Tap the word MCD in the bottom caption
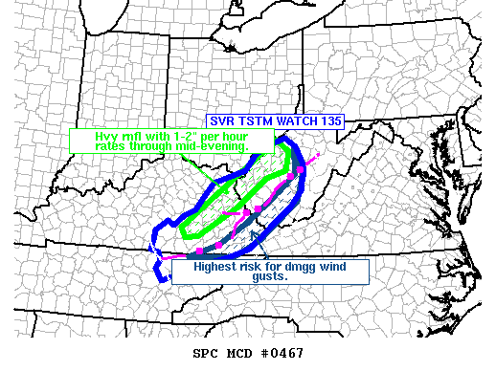point(236,353)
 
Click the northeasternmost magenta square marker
point(301,168)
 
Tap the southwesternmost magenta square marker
point(198,251)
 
